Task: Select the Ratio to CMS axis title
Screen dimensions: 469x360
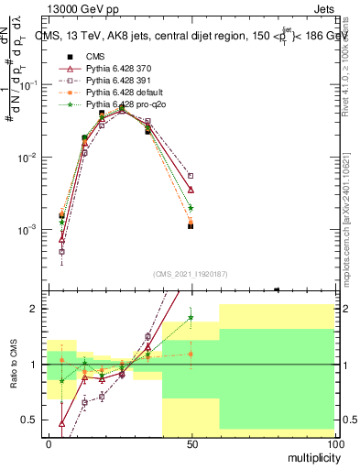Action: pyautogui.click(x=13, y=365)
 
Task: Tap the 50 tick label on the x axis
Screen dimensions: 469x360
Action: pyautogui.click(x=191, y=443)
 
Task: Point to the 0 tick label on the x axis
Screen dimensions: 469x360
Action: pyautogui.click(x=49, y=443)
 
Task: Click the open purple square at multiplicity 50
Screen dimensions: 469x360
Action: pyautogui.click(x=191, y=176)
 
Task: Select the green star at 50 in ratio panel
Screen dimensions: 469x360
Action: pyautogui.click(x=191, y=318)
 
